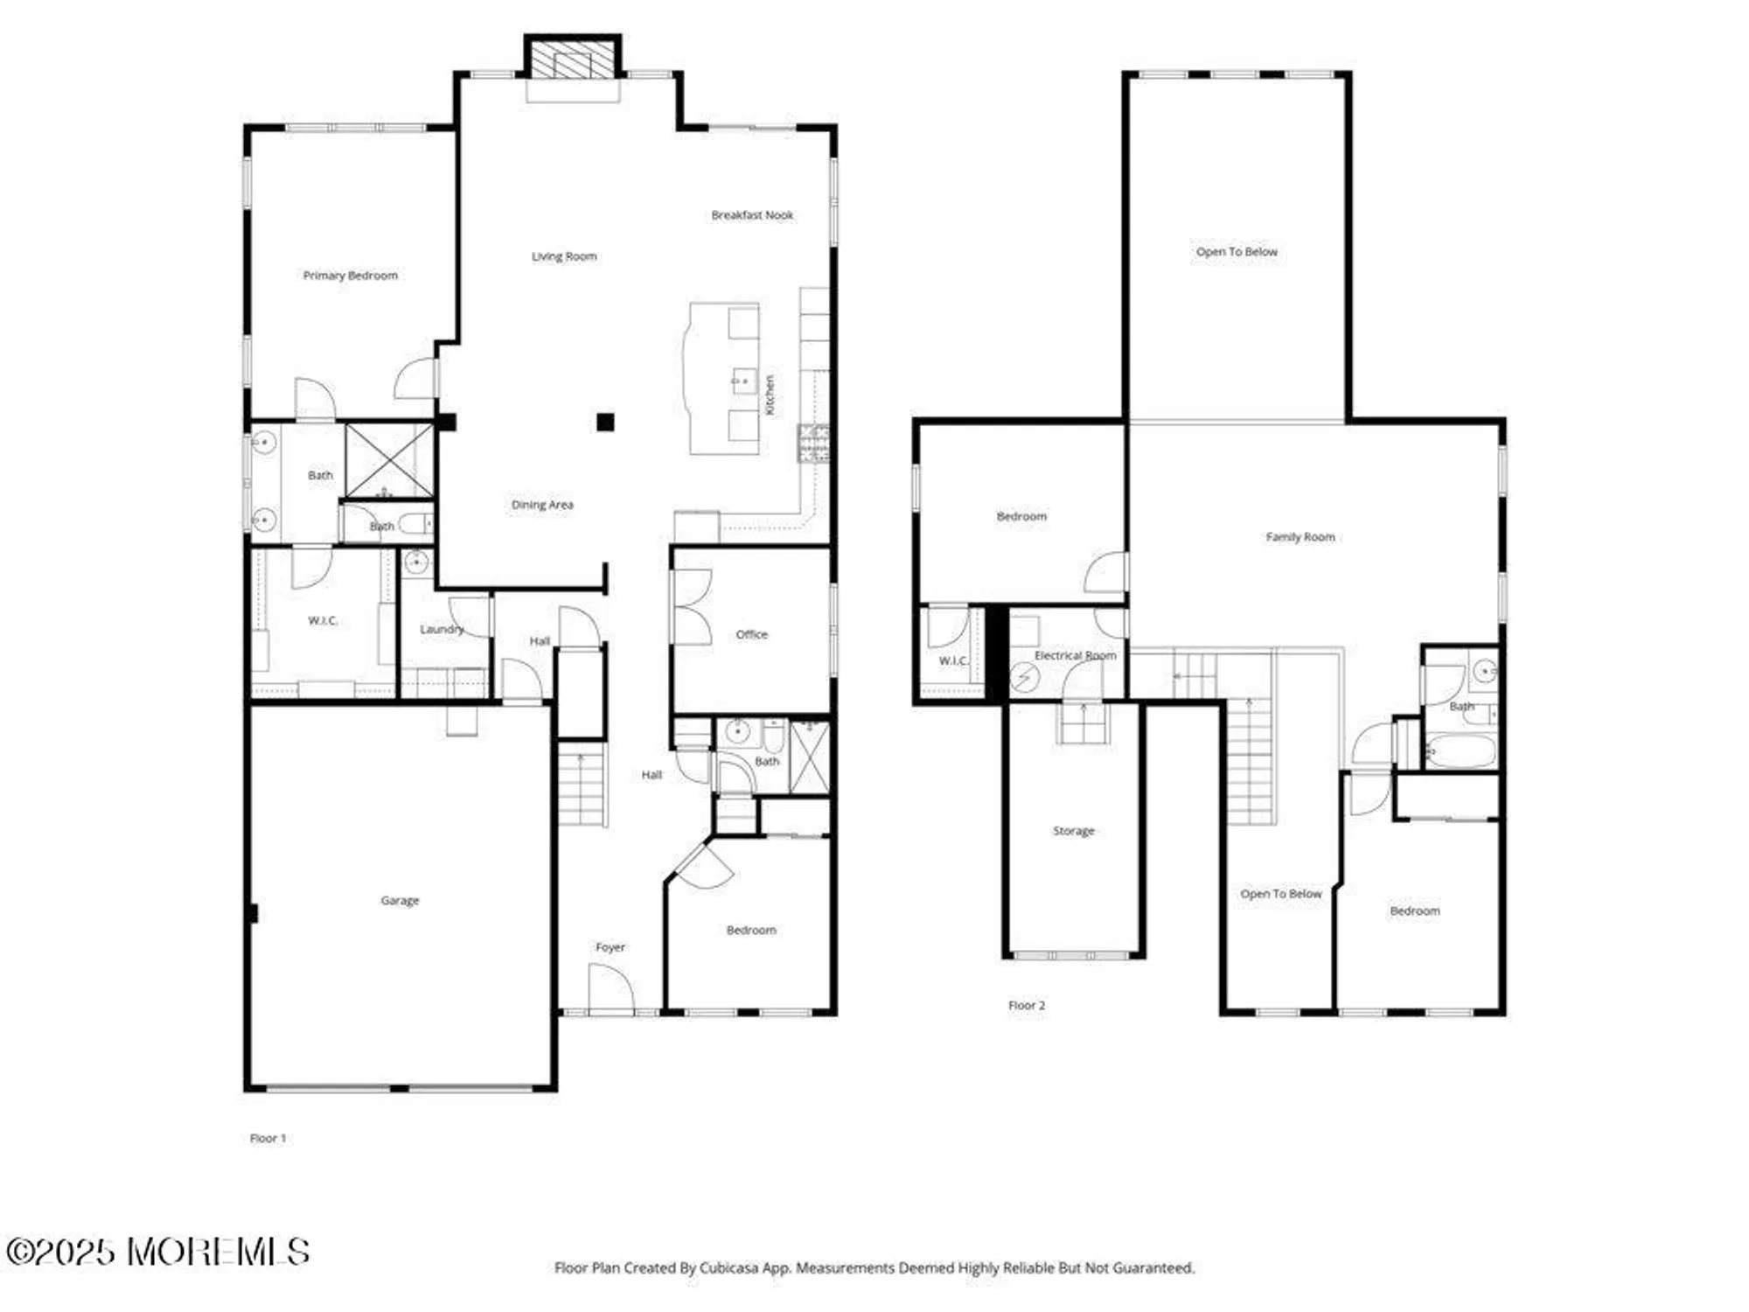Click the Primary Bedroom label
coord(350,276)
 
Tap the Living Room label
coord(564,256)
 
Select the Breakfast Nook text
coord(752,215)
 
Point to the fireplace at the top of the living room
coord(573,59)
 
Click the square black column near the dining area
coord(605,422)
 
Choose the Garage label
coord(400,900)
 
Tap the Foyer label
coord(610,947)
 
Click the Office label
coord(751,634)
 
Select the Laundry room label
coord(442,629)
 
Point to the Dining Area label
coord(542,505)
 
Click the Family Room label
coord(1300,537)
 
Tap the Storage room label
coord(1073,831)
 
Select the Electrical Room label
coord(1075,655)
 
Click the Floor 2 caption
coord(1027,1006)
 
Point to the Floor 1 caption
coord(268,1138)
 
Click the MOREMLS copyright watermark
coord(157,1252)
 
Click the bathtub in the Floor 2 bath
coord(1460,751)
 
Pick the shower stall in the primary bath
coord(389,461)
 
